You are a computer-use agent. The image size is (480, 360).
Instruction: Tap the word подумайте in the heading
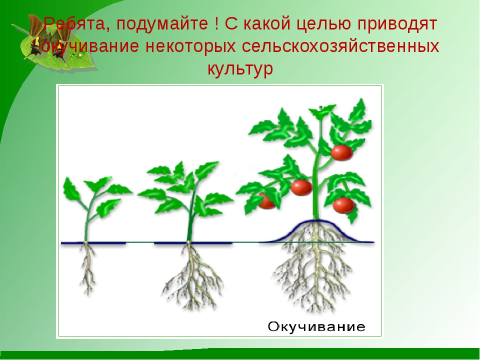tap(162, 24)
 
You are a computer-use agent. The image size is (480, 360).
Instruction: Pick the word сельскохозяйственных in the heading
tap(340, 46)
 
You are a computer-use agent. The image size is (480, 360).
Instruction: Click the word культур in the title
tap(240, 69)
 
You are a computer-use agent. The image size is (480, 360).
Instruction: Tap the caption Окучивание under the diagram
tap(316, 326)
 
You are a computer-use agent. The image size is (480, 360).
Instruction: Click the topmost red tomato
tap(341, 152)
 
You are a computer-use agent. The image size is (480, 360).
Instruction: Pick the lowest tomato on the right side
tap(343, 205)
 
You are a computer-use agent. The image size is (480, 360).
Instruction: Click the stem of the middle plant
tap(191, 214)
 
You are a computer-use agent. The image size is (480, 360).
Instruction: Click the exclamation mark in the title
tap(216, 24)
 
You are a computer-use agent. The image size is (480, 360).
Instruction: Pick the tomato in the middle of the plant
tap(301, 187)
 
